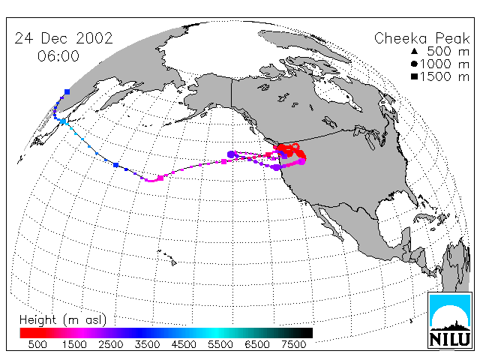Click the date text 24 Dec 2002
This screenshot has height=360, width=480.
pyautogui.click(x=64, y=38)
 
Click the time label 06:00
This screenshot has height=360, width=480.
pyautogui.click(x=58, y=56)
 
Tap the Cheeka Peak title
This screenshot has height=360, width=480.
pyautogui.click(x=421, y=38)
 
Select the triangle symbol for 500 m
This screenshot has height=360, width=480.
pyautogui.click(x=414, y=51)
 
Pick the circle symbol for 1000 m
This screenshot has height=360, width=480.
pyautogui.click(x=414, y=64)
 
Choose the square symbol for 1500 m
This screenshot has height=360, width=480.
pyautogui.click(x=414, y=76)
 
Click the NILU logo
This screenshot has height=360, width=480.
pyautogui.click(x=450, y=320)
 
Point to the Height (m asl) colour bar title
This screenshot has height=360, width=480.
pyautogui.click(x=63, y=320)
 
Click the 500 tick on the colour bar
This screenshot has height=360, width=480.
pyautogui.click(x=37, y=344)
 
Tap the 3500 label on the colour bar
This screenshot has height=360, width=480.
pyautogui.click(x=147, y=344)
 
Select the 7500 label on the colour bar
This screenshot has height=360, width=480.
pyautogui.click(x=293, y=344)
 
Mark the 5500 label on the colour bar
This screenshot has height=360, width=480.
pyautogui.click(x=220, y=344)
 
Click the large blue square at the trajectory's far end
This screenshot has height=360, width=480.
pyautogui.click(x=67, y=91)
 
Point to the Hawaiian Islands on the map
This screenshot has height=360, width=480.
pyautogui.click(x=167, y=257)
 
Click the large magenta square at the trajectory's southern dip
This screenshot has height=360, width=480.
pyautogui.click(x=160, y=178)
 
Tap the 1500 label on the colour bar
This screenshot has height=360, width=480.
pyautogui.click(x=74, y=344)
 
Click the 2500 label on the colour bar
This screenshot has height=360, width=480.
pyautogui.click(x=110, y=344)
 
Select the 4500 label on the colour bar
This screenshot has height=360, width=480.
pyautogui.click(x=184, y=344)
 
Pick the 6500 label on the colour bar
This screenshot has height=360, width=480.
pyautogui.click(x=257, y=344)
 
